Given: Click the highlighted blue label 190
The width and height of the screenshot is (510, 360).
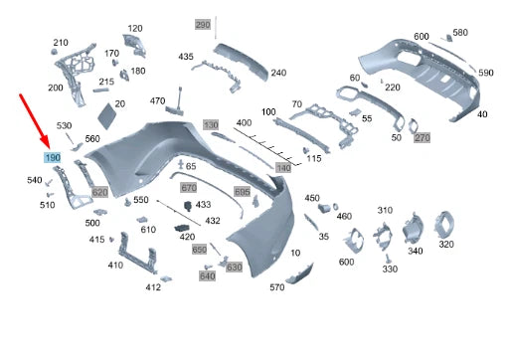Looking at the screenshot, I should (53, 158).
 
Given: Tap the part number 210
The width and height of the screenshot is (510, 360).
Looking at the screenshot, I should (61, 43).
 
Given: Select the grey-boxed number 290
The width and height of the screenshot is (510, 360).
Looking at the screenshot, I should (203, 24).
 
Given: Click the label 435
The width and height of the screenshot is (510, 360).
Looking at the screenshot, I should (186, 57).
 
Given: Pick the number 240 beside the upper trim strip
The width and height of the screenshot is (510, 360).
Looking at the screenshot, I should (278, 73).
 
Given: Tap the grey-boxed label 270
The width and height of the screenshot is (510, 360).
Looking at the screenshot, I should (422, 137).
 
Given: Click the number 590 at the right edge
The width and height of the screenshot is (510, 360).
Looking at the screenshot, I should (485, 73).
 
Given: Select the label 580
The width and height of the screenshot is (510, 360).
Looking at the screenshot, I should (459, 33).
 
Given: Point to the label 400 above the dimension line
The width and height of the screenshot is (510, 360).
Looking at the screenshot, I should (244, 122).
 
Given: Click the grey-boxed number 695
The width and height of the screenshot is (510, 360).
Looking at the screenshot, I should (242, 190).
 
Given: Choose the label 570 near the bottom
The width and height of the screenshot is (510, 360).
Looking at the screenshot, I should (276, 287).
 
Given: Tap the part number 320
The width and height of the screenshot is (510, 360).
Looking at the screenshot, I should (446, 245).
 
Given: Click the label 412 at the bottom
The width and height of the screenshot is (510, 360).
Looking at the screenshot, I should (153, 287).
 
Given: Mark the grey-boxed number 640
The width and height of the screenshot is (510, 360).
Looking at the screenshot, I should (207, 275).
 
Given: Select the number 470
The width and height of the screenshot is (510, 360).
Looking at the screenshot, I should (158, 101).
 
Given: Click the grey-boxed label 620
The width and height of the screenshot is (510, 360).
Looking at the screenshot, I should (99, 192).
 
